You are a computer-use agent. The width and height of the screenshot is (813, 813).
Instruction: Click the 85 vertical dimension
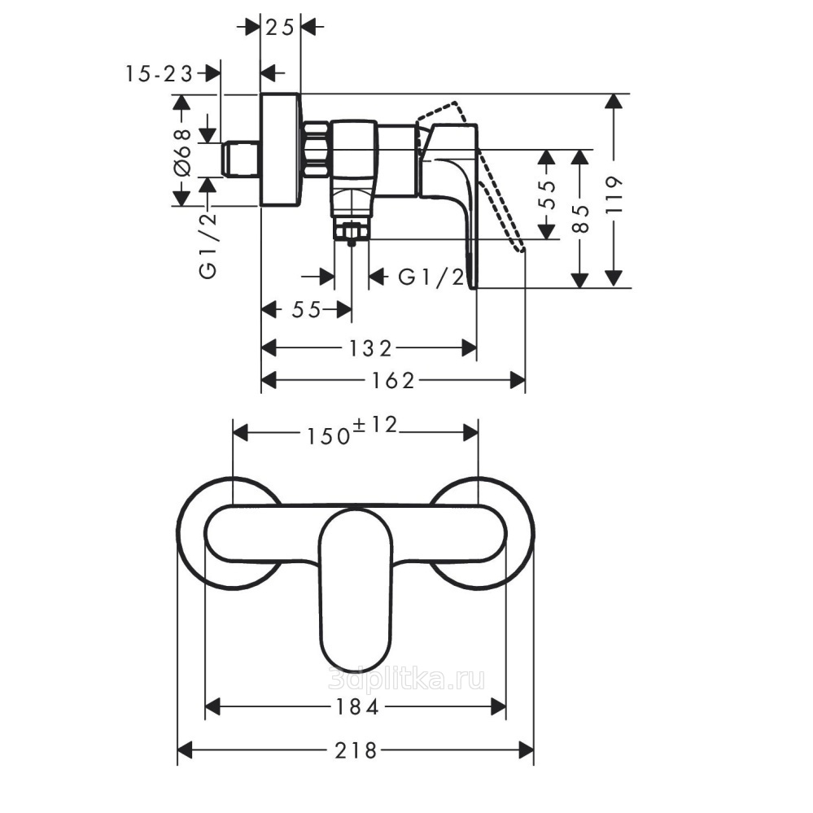pyautogui.click(x=582, y=218)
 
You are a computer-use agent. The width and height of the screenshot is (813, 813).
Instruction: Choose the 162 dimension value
pyautogui.click(x=393, y=381)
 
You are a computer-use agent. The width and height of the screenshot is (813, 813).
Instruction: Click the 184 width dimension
pyautogui.click(x=356, y=706)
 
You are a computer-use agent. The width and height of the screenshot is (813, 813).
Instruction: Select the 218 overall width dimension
pyautogui.click(x=355, y=750)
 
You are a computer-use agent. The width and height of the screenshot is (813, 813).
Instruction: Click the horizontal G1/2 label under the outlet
pyautogui.click(x=431, y=278)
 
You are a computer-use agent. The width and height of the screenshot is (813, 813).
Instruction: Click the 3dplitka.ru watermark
pyautogui.click(x=407, y=679)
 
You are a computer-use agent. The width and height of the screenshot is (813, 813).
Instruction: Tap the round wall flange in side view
pyautogui.click(x=280, y=150)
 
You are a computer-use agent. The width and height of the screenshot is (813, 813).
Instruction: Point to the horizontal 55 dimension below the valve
pyautogui.click(x=307, y=310)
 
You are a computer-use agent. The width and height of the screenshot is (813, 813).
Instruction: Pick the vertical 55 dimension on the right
pyautogui.click(x=548, y=195)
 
